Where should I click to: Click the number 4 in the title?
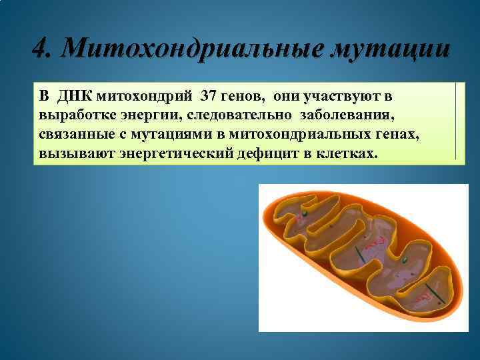coord(40,49)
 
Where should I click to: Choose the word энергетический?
coord(166,154)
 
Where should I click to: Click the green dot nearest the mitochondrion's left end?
coord(303,214)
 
